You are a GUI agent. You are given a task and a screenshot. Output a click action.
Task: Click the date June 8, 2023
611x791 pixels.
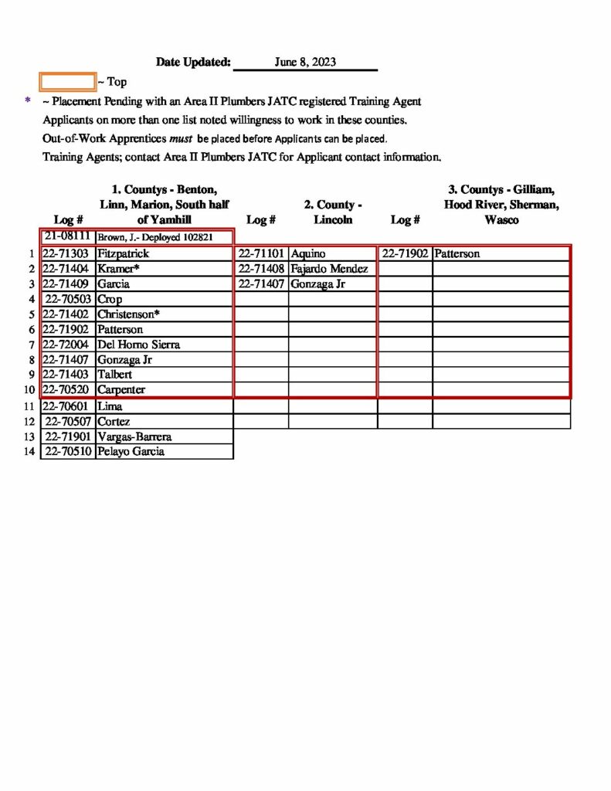point(305,62)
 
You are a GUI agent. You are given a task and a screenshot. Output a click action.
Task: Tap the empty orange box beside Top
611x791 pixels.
point(67,81)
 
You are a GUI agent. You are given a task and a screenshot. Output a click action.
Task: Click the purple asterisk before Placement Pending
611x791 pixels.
point(28,100)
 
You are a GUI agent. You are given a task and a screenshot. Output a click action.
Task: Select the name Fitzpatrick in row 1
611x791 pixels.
point(123,253)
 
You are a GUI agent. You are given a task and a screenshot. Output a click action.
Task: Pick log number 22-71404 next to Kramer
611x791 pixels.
point(68,269)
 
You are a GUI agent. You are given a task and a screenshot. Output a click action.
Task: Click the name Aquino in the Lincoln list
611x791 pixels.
point(308,253)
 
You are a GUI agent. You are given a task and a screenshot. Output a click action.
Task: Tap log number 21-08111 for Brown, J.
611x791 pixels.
point(68,236)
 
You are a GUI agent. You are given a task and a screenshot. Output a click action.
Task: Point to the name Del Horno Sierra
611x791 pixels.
point(138,345)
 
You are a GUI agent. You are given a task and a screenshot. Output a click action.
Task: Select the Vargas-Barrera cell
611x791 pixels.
point(134,436)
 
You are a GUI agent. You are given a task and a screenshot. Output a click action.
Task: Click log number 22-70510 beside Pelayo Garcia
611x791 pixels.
point(68,452)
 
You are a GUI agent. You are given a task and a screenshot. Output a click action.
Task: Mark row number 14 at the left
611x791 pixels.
point(30,452)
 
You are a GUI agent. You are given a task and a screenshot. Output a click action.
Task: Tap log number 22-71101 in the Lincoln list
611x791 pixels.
point(262,253)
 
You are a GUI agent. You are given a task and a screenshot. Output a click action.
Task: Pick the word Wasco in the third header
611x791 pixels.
point(501,220)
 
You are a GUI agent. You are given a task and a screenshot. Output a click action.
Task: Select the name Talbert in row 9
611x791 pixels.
point(115,375)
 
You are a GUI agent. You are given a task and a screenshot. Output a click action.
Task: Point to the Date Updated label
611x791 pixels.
point(193,62)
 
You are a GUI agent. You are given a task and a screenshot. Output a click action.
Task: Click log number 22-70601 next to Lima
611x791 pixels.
point(68,406)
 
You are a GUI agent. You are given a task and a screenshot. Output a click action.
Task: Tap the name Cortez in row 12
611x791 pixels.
point(114,422)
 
